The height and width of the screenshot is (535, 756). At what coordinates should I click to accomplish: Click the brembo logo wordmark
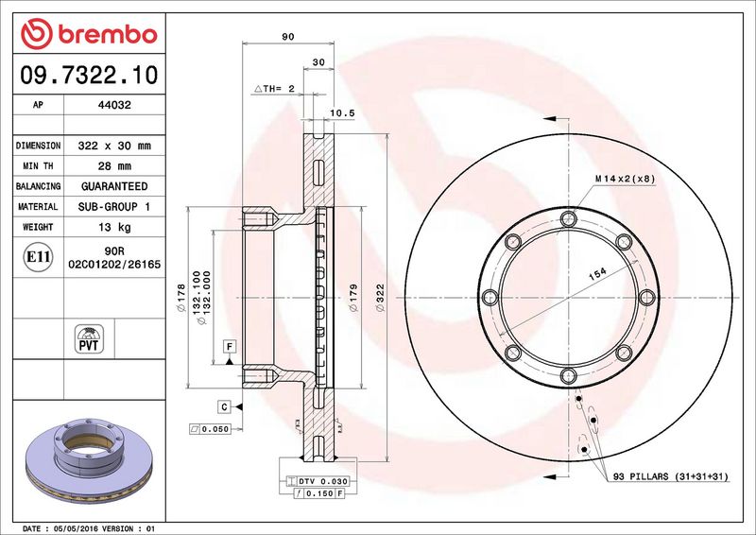[107, 34]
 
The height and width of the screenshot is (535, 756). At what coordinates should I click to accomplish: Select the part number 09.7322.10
[89, 75]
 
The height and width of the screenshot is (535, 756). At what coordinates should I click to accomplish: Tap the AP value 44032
[114, 105]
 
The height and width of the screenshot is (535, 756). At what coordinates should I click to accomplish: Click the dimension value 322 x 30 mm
[114, 146]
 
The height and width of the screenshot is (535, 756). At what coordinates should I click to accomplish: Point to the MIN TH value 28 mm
[114, 166]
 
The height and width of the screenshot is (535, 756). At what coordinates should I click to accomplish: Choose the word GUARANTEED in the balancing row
[114, 186]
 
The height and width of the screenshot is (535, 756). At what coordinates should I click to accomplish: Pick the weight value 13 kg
[114, 227]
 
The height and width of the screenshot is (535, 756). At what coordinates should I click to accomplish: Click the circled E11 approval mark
[38, 257]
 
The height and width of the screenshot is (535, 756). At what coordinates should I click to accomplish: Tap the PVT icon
[89, 338]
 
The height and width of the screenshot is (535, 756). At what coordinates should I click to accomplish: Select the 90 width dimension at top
[288, 37]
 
